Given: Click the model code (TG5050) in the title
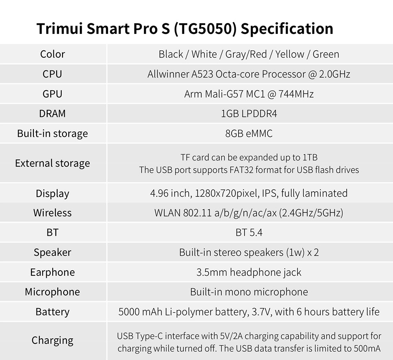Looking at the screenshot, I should pos(206,29).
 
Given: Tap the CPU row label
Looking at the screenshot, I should pos(52,74).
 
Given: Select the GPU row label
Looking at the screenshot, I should pos(52,94).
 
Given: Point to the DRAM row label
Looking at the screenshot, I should pos(52,114).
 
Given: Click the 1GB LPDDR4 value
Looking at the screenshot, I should pos(249,114).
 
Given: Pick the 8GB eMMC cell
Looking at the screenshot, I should pos(249,133).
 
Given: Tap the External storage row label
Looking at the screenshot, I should pos(52,163).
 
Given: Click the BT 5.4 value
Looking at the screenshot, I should pos(249,233).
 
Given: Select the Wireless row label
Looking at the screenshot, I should pos(52,213).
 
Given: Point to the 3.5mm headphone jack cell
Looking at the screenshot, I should pos(249,272).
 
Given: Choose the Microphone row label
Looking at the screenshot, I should pos(52,292).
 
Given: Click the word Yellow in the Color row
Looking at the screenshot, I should pos(290,54).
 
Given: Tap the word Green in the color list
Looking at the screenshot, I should pos(326,54).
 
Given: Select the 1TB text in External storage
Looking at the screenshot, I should pos(310,157).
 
